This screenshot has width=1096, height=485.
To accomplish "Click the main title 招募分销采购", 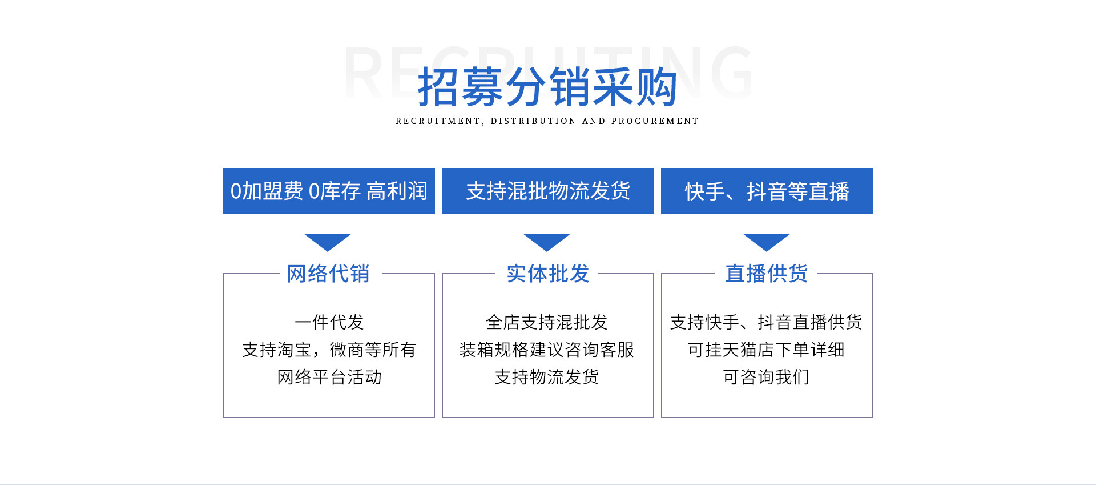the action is click(x=547, y=87).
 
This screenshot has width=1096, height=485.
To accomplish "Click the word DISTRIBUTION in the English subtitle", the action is click(x=533, y=121).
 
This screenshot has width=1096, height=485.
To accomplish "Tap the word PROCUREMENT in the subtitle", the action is click(x=655, y=121).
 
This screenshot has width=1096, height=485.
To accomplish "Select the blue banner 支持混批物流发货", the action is click(x=548, y=191).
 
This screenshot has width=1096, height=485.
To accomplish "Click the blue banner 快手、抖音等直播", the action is click(x=767, y=191).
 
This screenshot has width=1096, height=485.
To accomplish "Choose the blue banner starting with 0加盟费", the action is click(x=329, y=191).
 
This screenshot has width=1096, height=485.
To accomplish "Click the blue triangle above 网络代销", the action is click(x=328, y=242).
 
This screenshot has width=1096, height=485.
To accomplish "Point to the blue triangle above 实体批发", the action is click(x=547, y=242).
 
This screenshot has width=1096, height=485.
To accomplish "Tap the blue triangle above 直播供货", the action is click(x=767, y=242).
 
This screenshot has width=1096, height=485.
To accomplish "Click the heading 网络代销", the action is click(x=328, y=274).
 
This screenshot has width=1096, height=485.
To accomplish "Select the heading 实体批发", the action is click(x=547, y=274).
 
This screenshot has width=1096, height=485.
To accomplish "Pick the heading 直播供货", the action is click(x=767, y=274).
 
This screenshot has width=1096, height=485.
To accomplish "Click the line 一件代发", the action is click(x=329, y=322).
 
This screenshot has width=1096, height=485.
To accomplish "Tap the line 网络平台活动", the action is click(x=329, y=377).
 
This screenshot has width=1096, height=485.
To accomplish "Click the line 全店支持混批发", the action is click(x=547, y=322).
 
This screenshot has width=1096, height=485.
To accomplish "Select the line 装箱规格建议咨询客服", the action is click(x=547, y=350).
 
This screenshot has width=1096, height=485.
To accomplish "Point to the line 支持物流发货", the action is click(x=547, y=377).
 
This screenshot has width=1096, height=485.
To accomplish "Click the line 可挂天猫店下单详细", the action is click(x=766, y=350).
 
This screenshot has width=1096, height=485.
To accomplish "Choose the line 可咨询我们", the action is click(x=766, y=377).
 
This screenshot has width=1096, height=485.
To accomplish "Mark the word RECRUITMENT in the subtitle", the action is click(x=438, y=121).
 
